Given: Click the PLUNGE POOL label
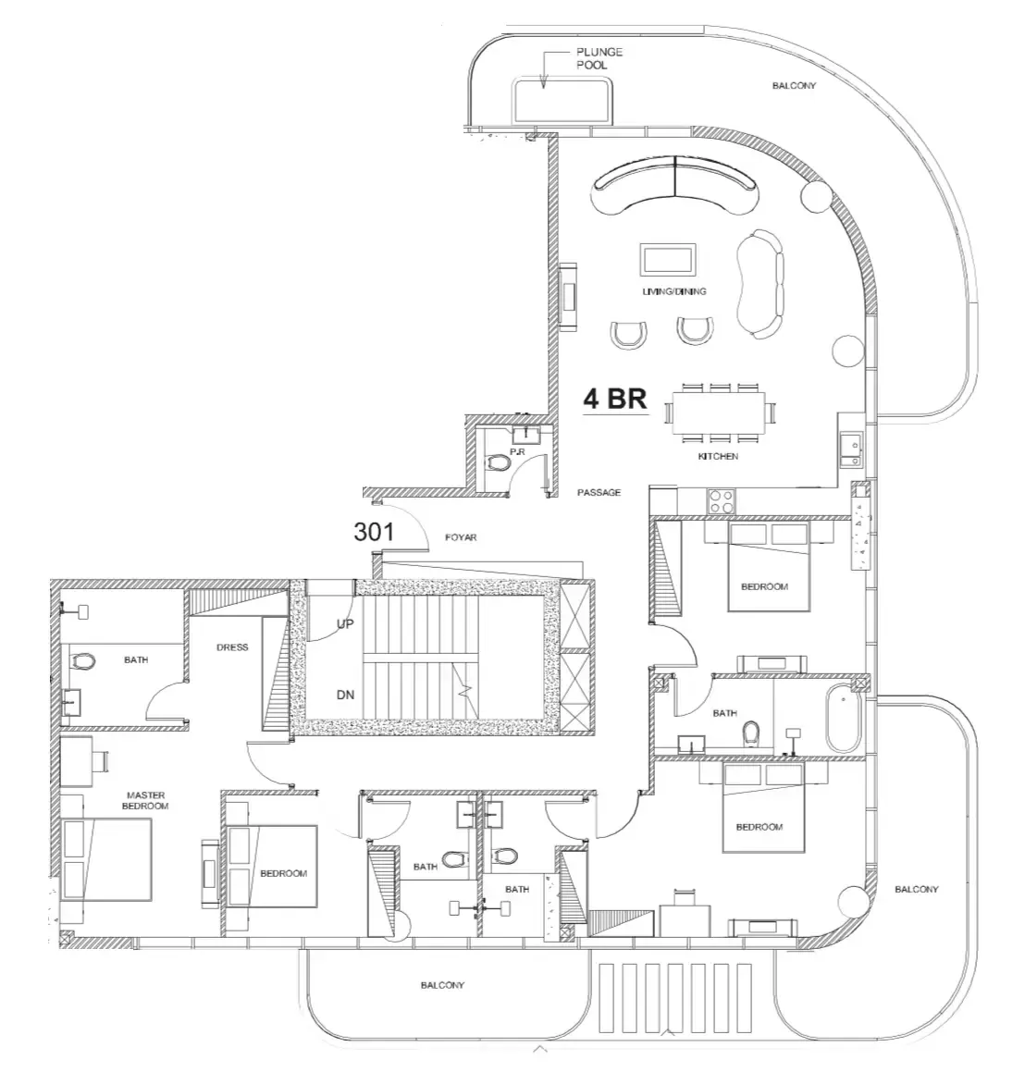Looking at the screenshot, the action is point(599,58).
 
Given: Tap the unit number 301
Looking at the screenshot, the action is point(374,531).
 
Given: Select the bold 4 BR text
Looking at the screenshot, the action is point(615,399).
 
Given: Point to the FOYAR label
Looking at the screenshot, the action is point(461,537).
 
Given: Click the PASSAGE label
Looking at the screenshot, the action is point(599,492).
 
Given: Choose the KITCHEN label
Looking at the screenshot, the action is point(718,456).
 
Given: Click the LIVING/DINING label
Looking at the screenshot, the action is point(674,291).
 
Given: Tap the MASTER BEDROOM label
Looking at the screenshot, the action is point(145,801).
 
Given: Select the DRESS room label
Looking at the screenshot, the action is point(232,647).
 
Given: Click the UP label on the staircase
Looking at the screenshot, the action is point(345,623).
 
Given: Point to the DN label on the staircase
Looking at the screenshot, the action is point(345,695).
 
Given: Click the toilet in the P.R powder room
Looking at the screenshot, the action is point(500,462).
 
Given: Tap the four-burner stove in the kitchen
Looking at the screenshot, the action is point(721,501).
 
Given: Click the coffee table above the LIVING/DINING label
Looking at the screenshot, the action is point(668,260).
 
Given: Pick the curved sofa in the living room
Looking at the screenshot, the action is point(675,184).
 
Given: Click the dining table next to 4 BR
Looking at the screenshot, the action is point(718,413).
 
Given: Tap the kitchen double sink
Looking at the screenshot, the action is point(851,450).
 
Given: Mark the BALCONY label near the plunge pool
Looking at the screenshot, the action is point(794,85).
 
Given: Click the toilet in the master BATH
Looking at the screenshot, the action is point(82,662).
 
